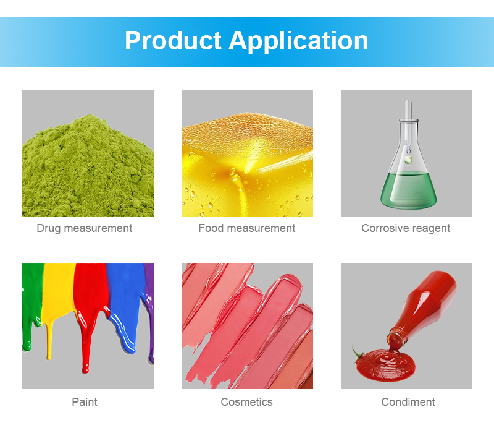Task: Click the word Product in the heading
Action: tap(173, 41)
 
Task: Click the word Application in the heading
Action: tap(298, 41)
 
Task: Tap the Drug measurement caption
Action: tap(85, 228)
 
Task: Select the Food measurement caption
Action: tap(247, 228)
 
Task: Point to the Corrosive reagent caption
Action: tap(406, 228)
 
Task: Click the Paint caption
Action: tap(85, 401)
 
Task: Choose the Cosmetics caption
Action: tap(246, 401)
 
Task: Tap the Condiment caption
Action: tap(408, 401)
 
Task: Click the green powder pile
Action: tap(88, 166)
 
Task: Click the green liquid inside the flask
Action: tap(408, 189)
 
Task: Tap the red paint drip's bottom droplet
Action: tap(85, 369)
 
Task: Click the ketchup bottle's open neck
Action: tap(397, 335)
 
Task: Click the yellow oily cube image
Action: tap(248, 153)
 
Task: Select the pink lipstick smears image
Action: tap(248, 326)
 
